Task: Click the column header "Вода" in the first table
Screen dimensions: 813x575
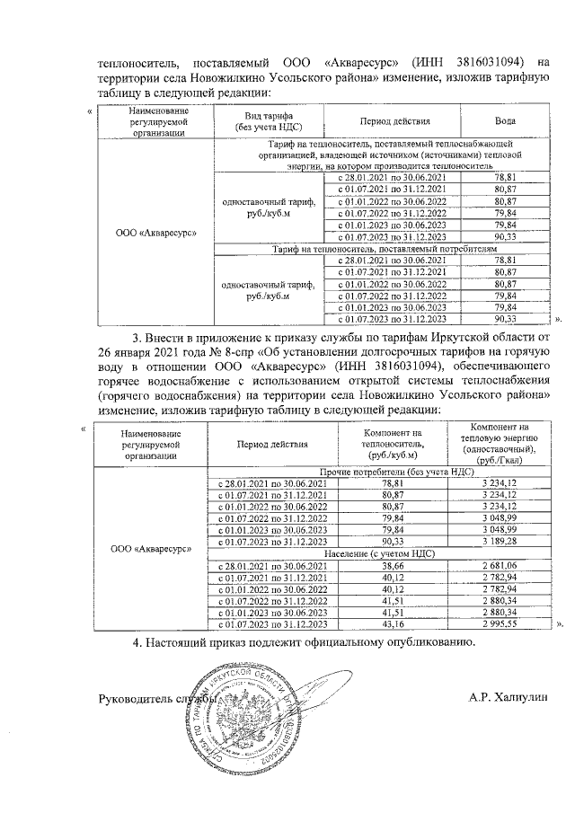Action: point(505,120)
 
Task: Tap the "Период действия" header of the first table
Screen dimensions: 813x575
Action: point(391,120)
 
